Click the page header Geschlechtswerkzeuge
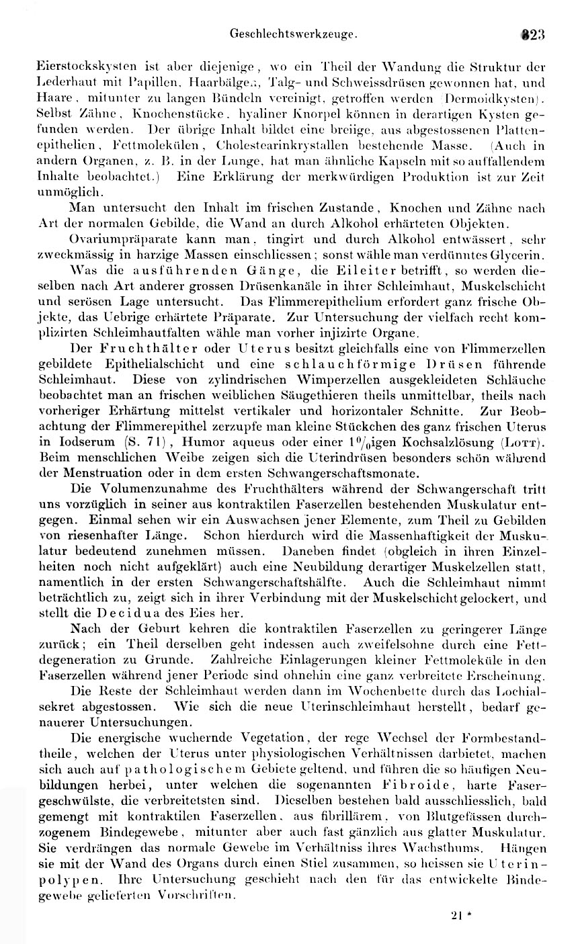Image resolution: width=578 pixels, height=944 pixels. [x=293, y=32]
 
